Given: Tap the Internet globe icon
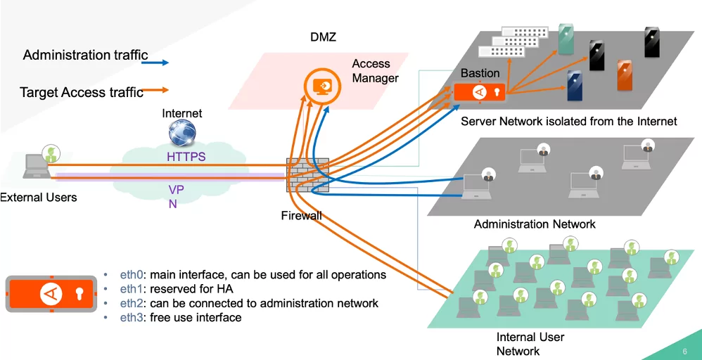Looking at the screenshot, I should [x=182, y=133].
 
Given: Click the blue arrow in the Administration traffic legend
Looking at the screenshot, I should [x=155, y=63].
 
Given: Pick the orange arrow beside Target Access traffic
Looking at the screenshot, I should [x=155, y=90].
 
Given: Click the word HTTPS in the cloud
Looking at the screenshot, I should [x=186, y=157].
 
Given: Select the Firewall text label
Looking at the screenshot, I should [x=301, y=215].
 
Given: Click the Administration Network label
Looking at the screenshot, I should [x=535, y=224].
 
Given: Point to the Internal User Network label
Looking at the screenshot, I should [x=530, y=344].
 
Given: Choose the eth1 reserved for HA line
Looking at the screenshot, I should [x=177, y=289].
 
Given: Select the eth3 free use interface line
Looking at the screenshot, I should [x=181, y=318].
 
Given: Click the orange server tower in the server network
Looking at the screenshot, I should [x=625, y=75].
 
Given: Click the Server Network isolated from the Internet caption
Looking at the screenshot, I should [x=568, y=122].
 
